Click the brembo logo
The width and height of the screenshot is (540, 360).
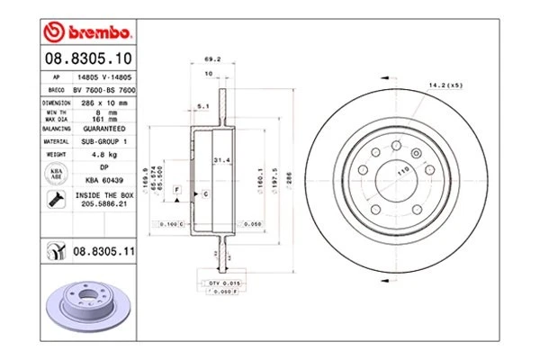(x=87, y=34)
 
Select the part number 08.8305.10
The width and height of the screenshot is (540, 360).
(x=86, y=58)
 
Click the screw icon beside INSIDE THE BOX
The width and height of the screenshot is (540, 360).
(x=57, y=198)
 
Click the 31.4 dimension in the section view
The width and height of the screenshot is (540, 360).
(x=220, y=160)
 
